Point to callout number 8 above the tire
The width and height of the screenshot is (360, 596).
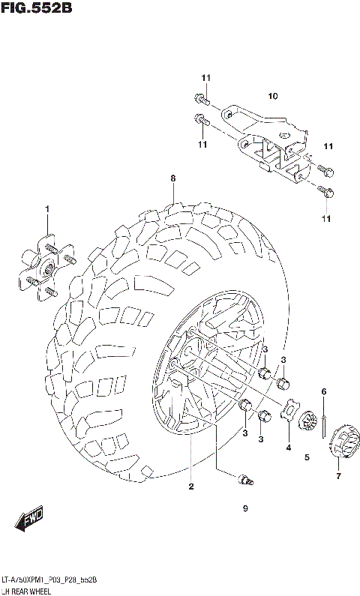[x=172, y=178]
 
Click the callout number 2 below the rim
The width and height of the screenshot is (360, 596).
[x=191, y=487]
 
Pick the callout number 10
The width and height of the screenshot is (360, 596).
[x=273, y=95]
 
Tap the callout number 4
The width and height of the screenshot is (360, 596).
[x=288, y=448]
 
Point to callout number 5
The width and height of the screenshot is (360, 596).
[x=307, y=457]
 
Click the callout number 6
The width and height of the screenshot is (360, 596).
[x=324, y=391]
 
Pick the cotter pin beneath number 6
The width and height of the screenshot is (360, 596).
[x=324, y=424]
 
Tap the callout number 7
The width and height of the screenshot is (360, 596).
[x=337, y=476]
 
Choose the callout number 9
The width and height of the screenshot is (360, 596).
[x=244, y=509]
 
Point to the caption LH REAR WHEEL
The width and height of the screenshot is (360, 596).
[x=31, y=590]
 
